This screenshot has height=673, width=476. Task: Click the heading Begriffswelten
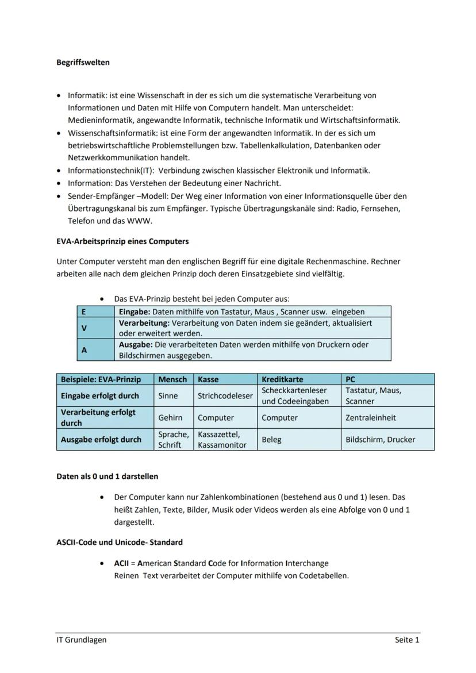(x=83, y=62)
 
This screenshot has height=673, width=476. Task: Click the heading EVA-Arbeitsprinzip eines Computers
(x=122, y=241)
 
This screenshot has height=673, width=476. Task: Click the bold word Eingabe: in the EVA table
(x=135, y=311)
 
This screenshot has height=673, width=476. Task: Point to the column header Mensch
(x=172, y=379)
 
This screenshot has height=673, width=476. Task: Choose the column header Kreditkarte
(x=282, y=379)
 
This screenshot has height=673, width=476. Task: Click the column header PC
(x=351, y=379)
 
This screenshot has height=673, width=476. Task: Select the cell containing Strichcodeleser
(x=225, y=396)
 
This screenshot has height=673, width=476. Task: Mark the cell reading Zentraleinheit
(x=370, y=418)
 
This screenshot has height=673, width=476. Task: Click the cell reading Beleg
(x=271, y=440)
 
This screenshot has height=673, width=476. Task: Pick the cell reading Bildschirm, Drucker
(x=380, y=440)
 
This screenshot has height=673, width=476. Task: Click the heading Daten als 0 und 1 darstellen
(x=107, y=476)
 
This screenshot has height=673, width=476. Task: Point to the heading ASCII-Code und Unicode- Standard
(x=120, y=542)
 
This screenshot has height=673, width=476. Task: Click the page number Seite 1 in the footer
(x=407, y=640)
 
